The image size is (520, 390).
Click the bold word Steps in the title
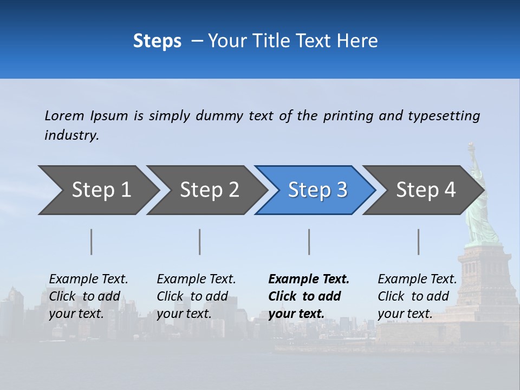click(x=157, y=41)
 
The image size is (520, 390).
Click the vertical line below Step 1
click(x=92, y=242)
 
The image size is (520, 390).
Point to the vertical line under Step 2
click(x=200, y=242)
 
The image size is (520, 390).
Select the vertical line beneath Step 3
click(x=309, y=242)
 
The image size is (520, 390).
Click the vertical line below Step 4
click(x=419, y=242)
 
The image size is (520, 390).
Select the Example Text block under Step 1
click(x=88, y=296)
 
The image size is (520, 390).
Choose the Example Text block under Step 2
click(x=196, y=296)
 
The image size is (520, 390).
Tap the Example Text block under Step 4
click(x=417, y=296)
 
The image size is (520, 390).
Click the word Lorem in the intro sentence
click(x=64, y=116)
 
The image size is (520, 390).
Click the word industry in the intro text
click(x=71, y=135)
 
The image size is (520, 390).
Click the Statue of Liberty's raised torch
click(x=471, y=146)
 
